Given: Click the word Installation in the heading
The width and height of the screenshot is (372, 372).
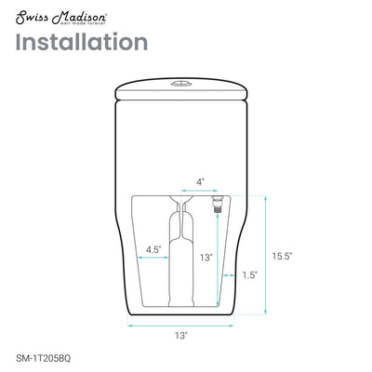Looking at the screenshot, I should (x=81, y=43).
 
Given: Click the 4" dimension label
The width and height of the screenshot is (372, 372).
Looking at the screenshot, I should (x=199, y=181).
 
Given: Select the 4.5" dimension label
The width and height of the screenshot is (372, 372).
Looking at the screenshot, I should (x=153, y=249).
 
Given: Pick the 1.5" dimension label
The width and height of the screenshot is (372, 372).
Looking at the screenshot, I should (x=249, y=275).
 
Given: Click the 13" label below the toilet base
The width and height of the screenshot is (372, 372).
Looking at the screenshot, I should (x=179, y=333).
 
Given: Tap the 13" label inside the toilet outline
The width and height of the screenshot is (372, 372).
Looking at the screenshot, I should (x=206, y=257).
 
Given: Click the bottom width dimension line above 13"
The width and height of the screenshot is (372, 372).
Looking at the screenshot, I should (x=179, y=324).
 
